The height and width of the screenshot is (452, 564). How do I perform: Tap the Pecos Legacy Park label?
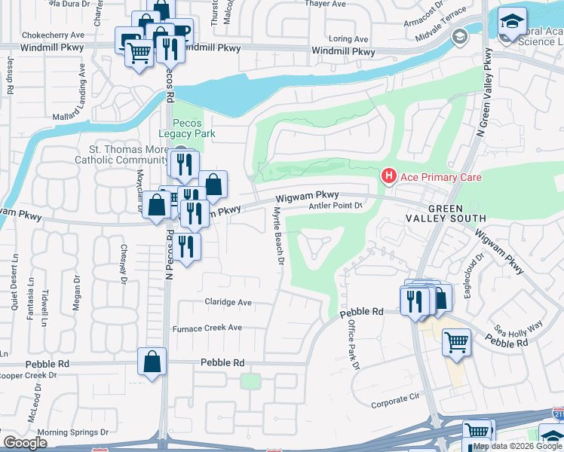click(183, 128)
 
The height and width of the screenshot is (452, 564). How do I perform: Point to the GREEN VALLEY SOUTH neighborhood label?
click(457, 213)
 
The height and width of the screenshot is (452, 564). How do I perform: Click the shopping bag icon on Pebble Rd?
click(152, 361)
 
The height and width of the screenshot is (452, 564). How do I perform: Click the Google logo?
click(25, 442)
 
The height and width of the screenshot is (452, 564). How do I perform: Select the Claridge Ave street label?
click(228, 302)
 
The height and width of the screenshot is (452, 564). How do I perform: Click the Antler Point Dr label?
click(336, 206)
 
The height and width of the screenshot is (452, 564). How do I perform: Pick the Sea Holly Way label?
click(517, 328)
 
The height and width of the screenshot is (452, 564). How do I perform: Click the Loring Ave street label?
click(348, 38)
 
